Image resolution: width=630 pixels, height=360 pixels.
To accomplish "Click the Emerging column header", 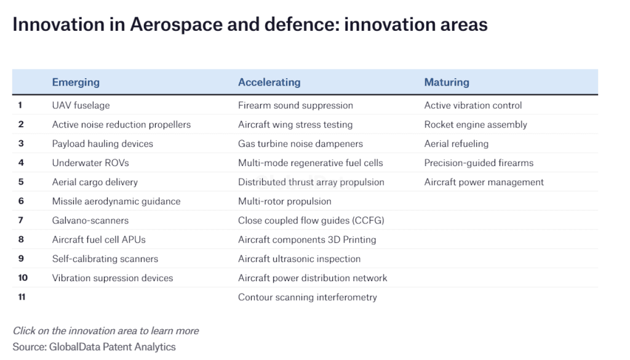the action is pos(76,82).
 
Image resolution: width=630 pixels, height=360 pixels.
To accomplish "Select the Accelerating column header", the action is pos(269,82).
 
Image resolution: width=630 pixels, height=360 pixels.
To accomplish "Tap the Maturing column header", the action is pos(447,82).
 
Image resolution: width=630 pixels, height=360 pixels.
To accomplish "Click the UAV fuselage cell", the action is pos(81,105).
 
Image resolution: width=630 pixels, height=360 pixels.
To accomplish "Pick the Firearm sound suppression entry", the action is pos(295,105).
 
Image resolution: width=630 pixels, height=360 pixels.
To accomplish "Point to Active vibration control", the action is pos(473,105).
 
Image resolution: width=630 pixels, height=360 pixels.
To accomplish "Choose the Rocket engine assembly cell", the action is pos(476,124).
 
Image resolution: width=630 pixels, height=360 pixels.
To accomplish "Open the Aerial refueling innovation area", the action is pos(457,144).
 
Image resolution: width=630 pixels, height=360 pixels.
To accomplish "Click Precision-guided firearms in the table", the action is pos(479,162).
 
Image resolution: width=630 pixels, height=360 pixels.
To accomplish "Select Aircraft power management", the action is pos(484,182).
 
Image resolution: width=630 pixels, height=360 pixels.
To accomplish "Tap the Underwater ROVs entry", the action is pos(90,162).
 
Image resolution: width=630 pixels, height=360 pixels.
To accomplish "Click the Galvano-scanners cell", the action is pos(90,220).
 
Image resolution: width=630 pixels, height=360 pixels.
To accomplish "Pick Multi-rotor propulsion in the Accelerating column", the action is pos(285,201).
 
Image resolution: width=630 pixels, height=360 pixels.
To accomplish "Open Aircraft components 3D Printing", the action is pos(307,239).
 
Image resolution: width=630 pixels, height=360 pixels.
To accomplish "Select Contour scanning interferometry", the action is pos(308,297).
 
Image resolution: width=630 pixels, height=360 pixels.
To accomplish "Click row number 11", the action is pos(22,297).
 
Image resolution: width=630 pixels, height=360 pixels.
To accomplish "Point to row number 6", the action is pos(21,201).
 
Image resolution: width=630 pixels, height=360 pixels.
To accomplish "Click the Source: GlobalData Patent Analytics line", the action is pos(94,346).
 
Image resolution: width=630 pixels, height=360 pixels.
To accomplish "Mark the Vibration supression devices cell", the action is pos(113,278).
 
